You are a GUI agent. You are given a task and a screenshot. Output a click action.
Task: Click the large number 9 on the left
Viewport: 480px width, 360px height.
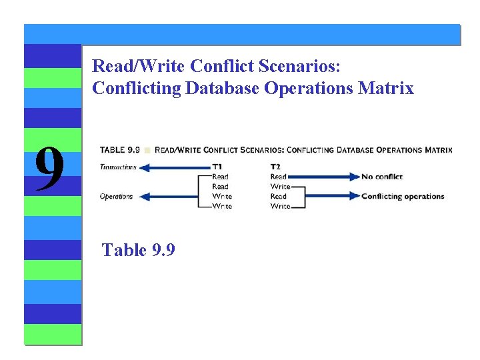(x=49, y=168)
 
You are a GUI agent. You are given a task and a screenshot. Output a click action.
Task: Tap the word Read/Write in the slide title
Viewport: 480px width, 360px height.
(x=139, y=66)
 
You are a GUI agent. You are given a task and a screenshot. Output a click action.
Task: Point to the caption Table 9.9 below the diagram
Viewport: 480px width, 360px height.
(x=138, y=250)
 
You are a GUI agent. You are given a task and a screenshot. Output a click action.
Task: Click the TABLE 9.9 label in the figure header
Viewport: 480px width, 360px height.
(x=120, y=150)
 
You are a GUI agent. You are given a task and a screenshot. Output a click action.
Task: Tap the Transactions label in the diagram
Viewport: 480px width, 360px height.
(x=118, y=167)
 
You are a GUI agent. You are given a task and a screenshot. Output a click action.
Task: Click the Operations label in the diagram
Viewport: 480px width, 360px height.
(x=116, y=197)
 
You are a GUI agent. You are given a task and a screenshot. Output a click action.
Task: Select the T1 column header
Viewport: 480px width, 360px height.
(x=217, y=167)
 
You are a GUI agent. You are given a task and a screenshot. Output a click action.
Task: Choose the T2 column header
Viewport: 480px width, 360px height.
(x=275, y=167)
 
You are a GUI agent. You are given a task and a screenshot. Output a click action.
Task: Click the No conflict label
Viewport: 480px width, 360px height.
(x=382, y=177)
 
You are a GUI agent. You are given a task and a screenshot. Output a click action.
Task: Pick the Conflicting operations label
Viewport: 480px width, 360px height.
(x=402, y=197)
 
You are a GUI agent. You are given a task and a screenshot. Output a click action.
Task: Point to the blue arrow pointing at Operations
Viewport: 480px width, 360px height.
(x=171, y=197)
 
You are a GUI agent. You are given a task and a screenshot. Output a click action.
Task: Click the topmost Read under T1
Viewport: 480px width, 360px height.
(x=220, y=177)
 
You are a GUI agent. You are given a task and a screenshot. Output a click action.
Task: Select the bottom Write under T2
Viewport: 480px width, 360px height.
(x=280, y=207)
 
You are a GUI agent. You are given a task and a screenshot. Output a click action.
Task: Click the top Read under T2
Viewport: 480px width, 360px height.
(x=279, y=177)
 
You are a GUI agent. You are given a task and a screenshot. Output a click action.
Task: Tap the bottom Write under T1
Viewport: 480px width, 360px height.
(x=221, y=207)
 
